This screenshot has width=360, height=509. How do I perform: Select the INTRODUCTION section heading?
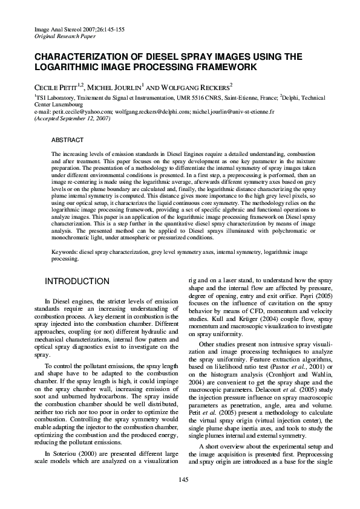77,282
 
